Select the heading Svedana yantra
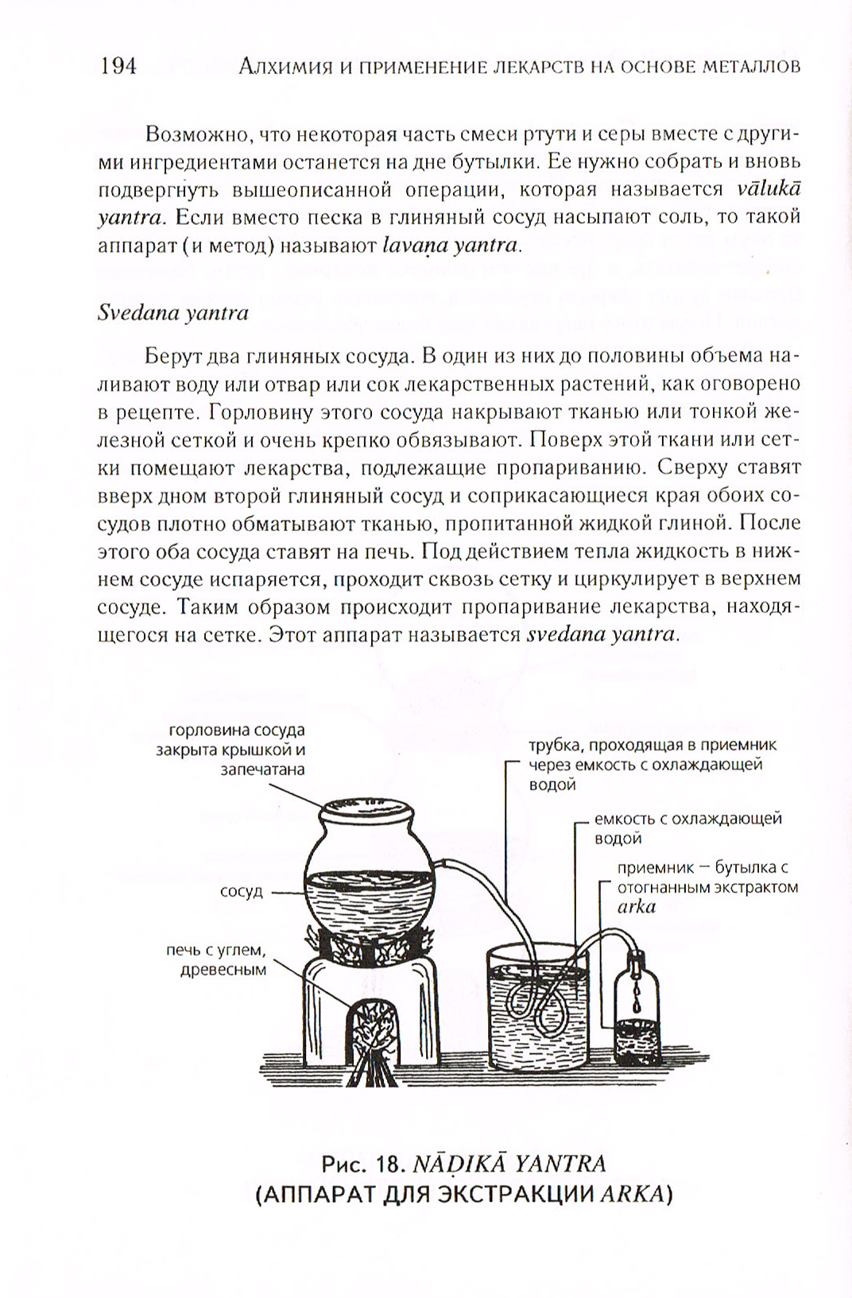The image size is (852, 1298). [x=173, y=312]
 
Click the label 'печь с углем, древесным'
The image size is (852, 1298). [x=215, y=960]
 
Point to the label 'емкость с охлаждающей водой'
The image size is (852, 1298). [x=688, y=827]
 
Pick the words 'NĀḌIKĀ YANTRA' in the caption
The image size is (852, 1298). [x=508, y=1164]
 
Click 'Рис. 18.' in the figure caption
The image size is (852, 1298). [x=362, y=1164]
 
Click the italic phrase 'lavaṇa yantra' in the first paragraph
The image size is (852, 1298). [x=450, y=245]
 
